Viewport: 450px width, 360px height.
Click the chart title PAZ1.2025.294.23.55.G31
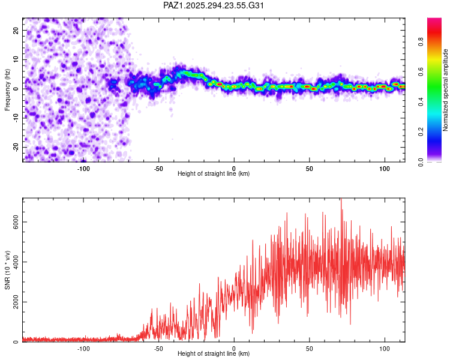click(214, 5)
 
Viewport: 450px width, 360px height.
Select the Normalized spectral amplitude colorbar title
click(446, 90)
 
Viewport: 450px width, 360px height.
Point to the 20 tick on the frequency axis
click(16, 29)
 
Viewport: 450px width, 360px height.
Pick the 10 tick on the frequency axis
click(16, 59)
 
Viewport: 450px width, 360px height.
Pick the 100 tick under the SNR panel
click(385, 348)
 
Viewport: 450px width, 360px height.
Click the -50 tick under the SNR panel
click(158, 348)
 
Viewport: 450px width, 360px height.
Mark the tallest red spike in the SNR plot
click(341, 200)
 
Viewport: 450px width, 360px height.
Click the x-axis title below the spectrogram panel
click(214, 173)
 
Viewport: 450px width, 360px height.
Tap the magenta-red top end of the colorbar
click(434, 21)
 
